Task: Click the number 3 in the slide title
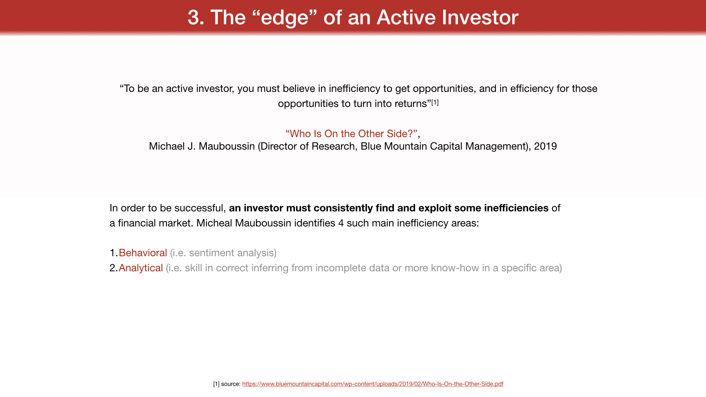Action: tap(194, 17)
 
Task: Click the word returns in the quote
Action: tap(411, 104)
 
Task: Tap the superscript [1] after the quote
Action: tap(435, 103)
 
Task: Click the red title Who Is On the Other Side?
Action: tap(352, 134)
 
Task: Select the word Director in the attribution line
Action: tap(279, 146)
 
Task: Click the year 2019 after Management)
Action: tap(545, 146)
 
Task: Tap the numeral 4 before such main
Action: tap(341, 223)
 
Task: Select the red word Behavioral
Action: tap(143, 253)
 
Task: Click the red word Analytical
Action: tap(141, 268)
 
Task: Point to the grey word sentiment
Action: tap(211, 253)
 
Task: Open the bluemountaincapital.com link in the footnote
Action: tap(373, 384)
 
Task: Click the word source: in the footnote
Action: tap(231, 384)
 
